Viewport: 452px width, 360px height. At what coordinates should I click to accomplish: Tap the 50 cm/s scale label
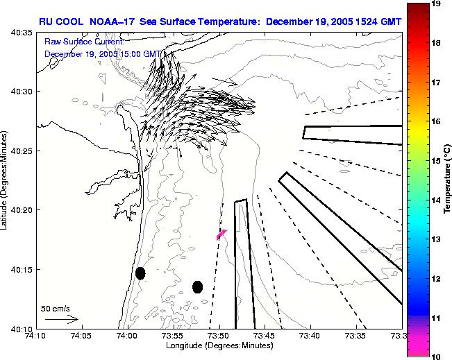(56, 308)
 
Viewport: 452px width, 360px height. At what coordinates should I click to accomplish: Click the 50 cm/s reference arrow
(61, 319)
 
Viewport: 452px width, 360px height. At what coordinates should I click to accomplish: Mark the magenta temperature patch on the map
(221, 234)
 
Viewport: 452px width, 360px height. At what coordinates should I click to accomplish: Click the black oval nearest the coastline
(140, 273)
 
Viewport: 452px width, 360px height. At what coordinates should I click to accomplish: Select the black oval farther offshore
(198, 286)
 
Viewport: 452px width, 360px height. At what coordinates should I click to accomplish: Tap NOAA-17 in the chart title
(109, 22)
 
